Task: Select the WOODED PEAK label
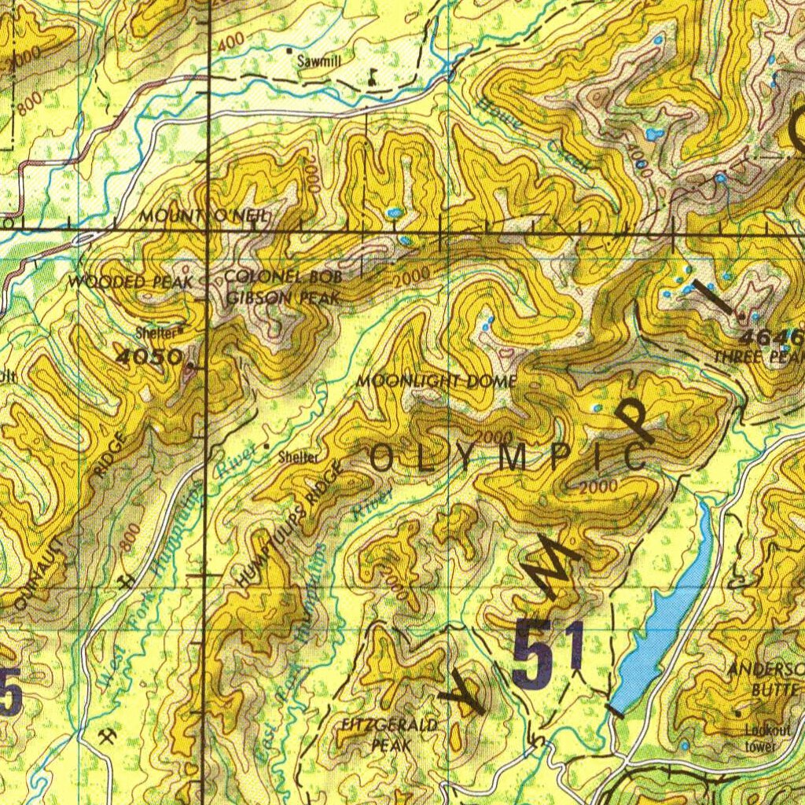coord(130,281)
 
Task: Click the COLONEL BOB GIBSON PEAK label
coord(283,288)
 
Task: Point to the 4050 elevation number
coord(149,357)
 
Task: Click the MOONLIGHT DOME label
coord(436,381)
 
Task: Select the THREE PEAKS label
coord(758,357)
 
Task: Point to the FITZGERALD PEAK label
coord(390,734)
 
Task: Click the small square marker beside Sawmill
coord(289,51)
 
